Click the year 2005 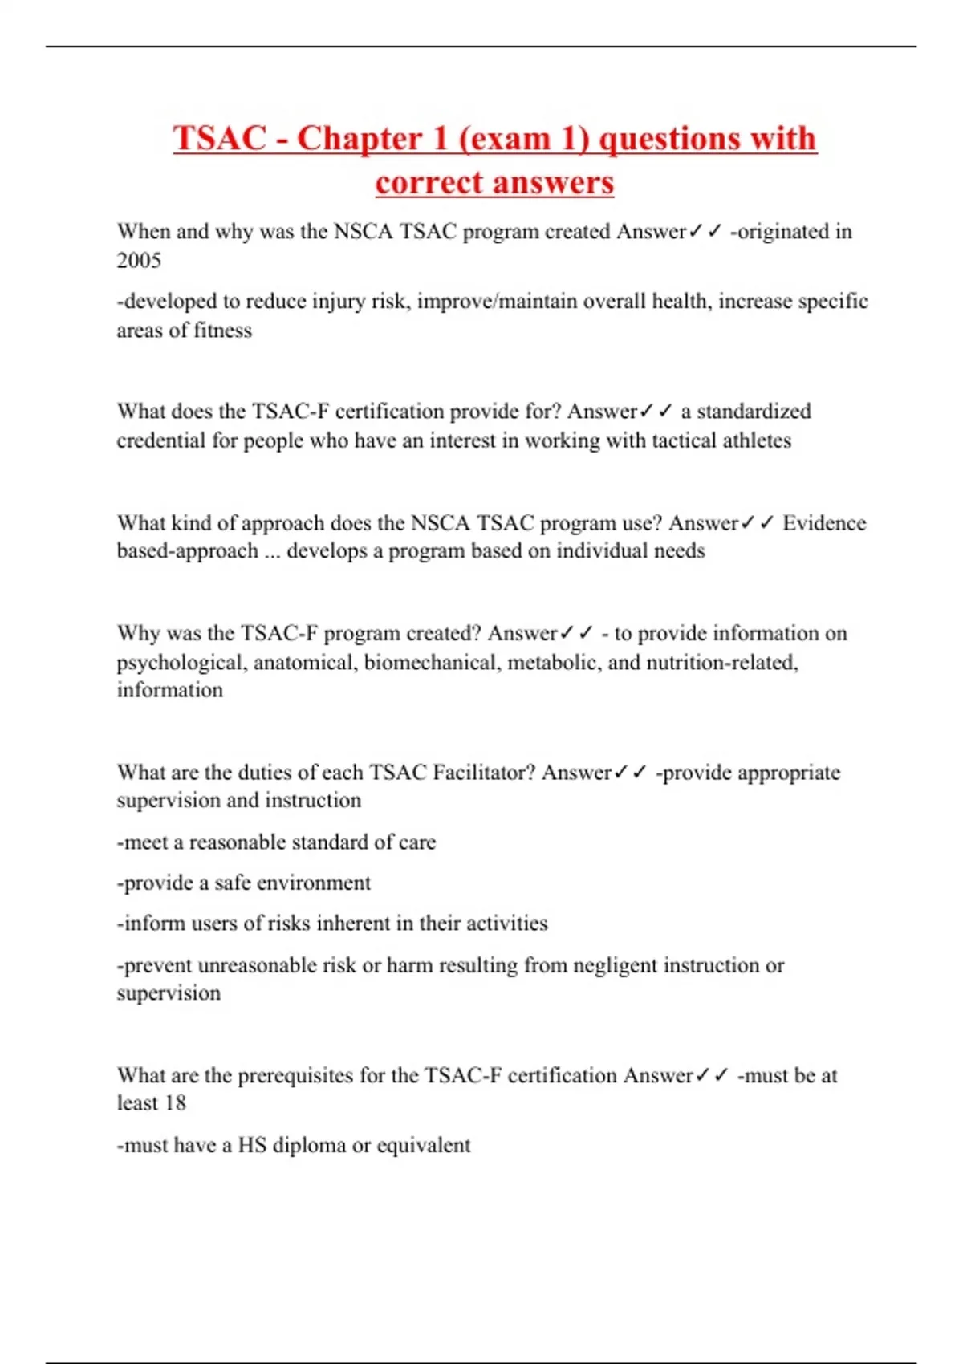pyautogui.click(x=139, y=260)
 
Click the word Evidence pyautogui.click(x=824, y=523)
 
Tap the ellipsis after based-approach pyautogui.click(x=272, y=552)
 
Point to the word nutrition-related pyautogui.click(x=721, y=663)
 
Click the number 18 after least pyautogui.click(x=175, y=1103)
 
